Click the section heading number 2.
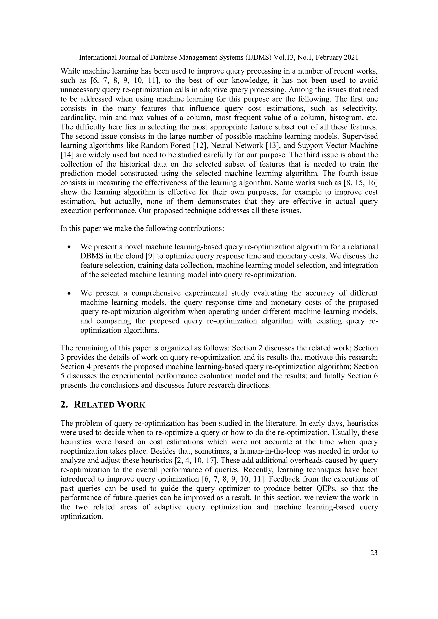pos(64,405)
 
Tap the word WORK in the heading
pos(131,405)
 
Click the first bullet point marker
pos(70,247)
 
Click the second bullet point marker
pos(70,293)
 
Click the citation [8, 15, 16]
pos(360,183)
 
